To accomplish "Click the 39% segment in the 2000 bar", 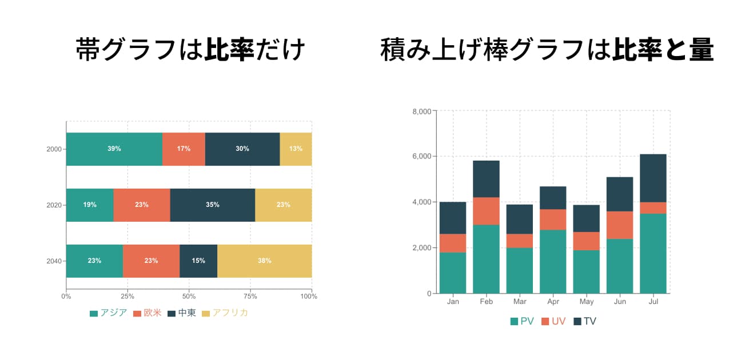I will (x=114, y=149).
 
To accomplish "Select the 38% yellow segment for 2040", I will (x=264, y=261).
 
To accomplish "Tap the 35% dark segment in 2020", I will (x=212, y=205).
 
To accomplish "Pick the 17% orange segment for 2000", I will (x=184, y=149).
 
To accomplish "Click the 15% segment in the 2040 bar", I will (x=198, y=261).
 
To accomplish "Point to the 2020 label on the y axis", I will (x=54, y=205).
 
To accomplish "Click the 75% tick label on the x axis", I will (x=250, y=297).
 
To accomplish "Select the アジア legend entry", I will (x=109, y=313).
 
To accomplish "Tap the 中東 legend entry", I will (x=181, y=313).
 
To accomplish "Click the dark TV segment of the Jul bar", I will (x=653, y=178).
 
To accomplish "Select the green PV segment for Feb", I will (x=486, y=259).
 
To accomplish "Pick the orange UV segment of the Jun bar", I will (x=620, y=225).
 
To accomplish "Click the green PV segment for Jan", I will (x=453, y=273).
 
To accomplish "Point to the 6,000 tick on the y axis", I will (x=421, y=157).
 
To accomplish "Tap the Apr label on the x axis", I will (x=553, y=302).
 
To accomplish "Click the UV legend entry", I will (x=552, y=322).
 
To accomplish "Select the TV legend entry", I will (x=584, y=322).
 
